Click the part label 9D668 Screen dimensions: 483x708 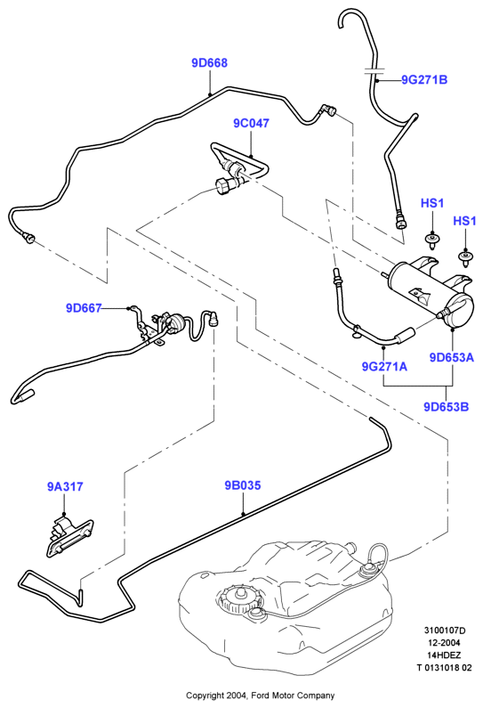coord(210,63)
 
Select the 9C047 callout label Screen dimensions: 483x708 coord(251,123)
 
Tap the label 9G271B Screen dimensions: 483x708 coord(424,80)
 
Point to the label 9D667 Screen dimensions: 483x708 coord(84,308)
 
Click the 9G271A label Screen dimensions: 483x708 coord(384,366)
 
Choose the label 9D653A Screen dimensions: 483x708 coord(452,358)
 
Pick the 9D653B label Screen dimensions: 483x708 coord(446,407)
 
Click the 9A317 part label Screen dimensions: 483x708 coord(65,487)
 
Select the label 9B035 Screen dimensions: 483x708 coord(243,485)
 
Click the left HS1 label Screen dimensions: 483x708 coord(432,203)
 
